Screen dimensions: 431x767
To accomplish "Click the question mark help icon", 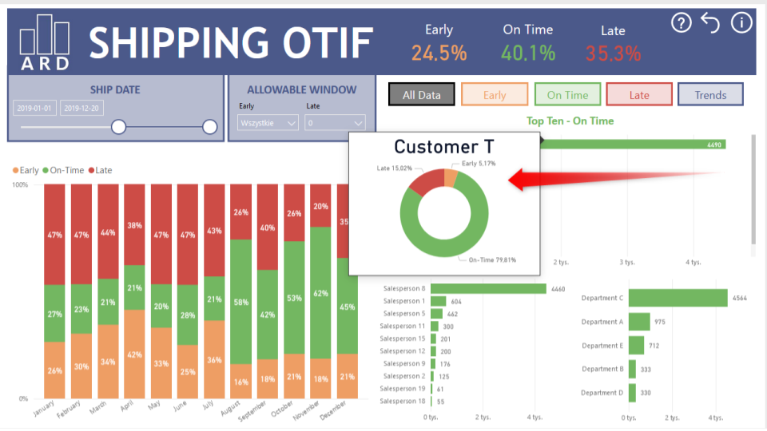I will click(681, 22).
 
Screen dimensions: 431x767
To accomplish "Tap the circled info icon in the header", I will click(741, 22).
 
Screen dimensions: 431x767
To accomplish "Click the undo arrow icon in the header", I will click(710, 22).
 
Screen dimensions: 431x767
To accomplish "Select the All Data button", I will click(422, 95).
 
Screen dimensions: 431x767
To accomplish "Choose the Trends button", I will click(710, 95).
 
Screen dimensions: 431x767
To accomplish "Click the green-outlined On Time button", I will click(567, 95).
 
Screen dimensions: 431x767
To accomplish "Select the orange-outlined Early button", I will click(495, 95).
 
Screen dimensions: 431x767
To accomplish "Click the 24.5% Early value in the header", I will click(439, 53).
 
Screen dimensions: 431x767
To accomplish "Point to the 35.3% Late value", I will click(613, 53).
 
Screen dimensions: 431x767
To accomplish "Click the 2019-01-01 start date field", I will click(34, 108).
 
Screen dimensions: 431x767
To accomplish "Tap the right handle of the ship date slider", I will click(210, 126).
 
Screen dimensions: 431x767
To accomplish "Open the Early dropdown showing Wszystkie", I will click(268, 123).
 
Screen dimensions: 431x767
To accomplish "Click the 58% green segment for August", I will click(241, 302).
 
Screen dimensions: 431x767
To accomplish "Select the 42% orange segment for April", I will click(135, 354).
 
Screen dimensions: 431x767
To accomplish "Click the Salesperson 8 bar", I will click(487, 288).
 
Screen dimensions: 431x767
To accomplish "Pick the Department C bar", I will click(678, 298).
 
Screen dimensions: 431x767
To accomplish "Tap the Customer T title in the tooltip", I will click(443, 147).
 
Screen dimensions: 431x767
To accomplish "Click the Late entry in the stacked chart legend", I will click(100, 170).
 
